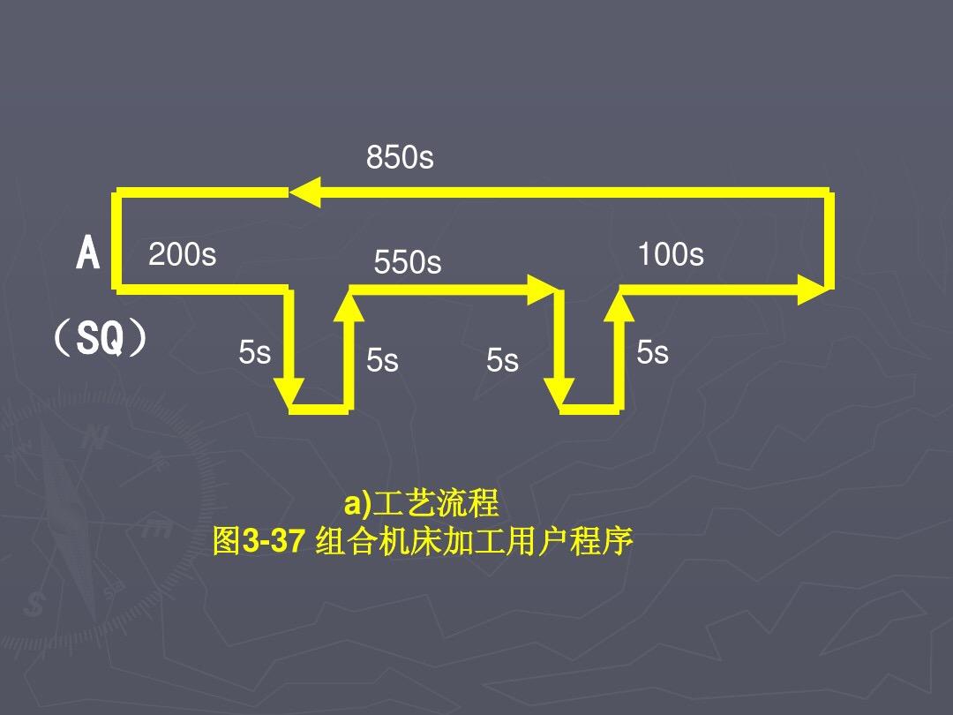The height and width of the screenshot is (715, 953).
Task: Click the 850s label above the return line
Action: (400, 158)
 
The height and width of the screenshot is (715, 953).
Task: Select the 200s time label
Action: (182, 255)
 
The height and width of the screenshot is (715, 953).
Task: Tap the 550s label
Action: (407, 263)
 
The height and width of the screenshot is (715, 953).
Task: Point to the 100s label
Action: (671, 255)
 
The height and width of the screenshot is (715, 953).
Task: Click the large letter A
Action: (88, 255)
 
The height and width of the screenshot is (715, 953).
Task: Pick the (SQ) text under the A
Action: (99, 339)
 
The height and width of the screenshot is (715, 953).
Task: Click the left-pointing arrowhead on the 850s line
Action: (305, 192)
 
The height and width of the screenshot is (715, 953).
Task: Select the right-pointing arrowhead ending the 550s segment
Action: (542, 289)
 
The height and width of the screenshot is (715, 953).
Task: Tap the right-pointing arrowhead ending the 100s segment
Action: (814, 289)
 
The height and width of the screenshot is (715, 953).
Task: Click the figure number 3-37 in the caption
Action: (274, 541)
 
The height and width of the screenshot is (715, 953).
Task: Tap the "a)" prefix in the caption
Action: (358, 504)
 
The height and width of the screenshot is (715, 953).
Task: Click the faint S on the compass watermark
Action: (35, 605)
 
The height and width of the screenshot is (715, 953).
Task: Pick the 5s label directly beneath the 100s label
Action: (652, 353)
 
